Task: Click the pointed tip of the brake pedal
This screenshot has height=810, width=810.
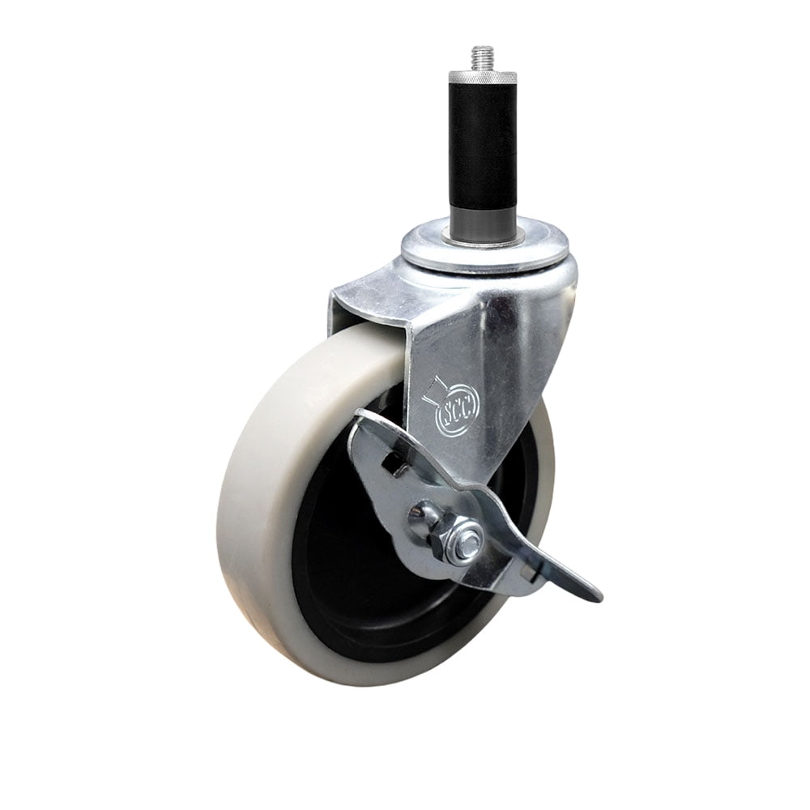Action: point(598,598)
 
